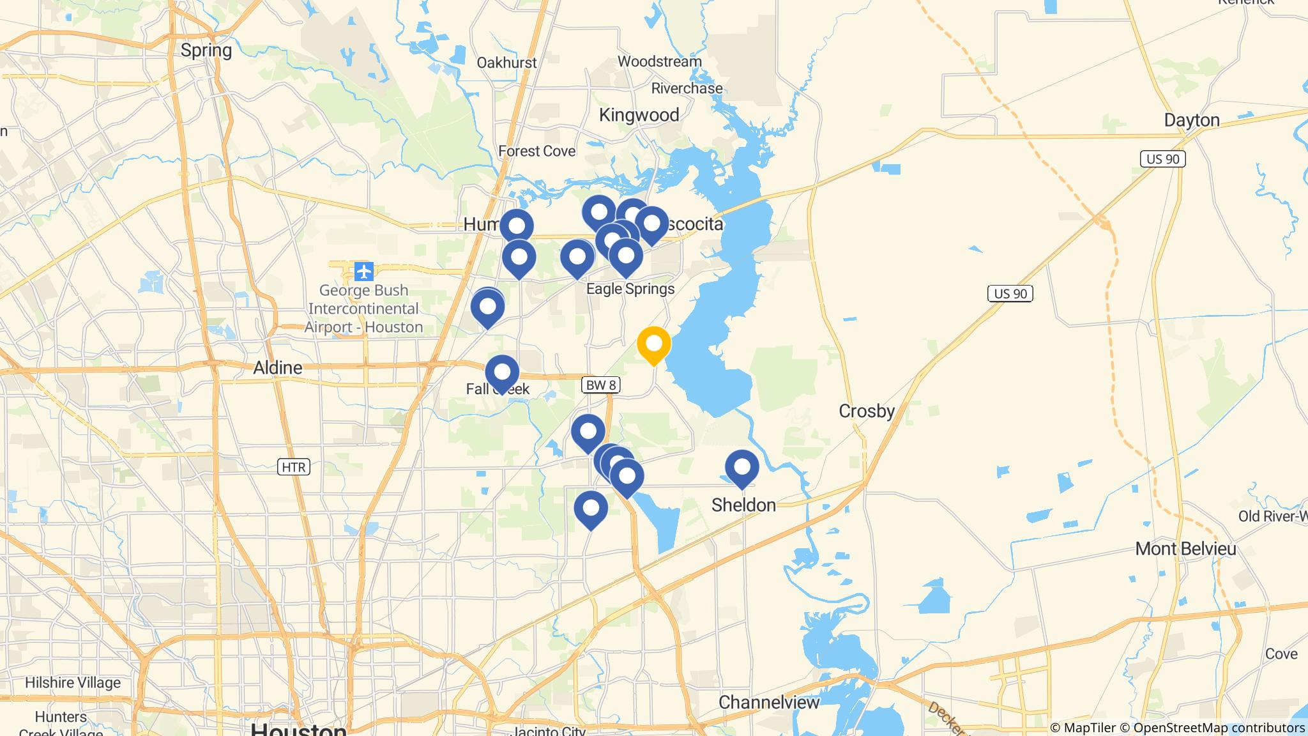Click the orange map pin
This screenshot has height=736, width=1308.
pyautogui.click(x=653, y=344)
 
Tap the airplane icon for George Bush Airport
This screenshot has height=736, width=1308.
pyautogui.click(x=363, y=272)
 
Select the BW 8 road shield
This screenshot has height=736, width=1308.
pyautogui.click(x=600, y=385)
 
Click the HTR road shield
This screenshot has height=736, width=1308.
pyautogui.click(x=294, y=467)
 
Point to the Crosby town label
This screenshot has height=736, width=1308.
pyautogui.click(x=866, y=411)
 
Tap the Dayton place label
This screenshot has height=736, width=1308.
pyautogui.click(x=1191, y=120)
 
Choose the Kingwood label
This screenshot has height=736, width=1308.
pyautogui.click(x=639, y=115)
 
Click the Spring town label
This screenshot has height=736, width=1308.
pyautogui.click(x=206, y=50)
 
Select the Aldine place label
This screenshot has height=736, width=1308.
pyautogui.click(x=277, y=367)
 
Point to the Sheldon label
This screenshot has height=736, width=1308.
pyautogui.click(x=743, y=505)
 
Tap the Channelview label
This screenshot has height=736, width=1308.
pyautogui.click(x=768, y=702)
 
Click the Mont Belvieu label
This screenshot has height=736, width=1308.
pyautogui.click(x=1185, y=548)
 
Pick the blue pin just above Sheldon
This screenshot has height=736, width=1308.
pyautogui.click(x=741, y=467)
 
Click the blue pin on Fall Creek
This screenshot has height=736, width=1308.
pyautogui.click(x=502, y=372)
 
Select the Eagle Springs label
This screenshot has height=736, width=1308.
pyautogui.click(x=630, y=289)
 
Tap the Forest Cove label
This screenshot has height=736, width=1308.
pyautogui.click(x=536, y=151)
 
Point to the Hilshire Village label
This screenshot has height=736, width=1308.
pyautogui.click(x=73, y=682)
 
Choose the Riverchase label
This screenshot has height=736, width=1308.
pyautogui.click(x=687, y=88)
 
